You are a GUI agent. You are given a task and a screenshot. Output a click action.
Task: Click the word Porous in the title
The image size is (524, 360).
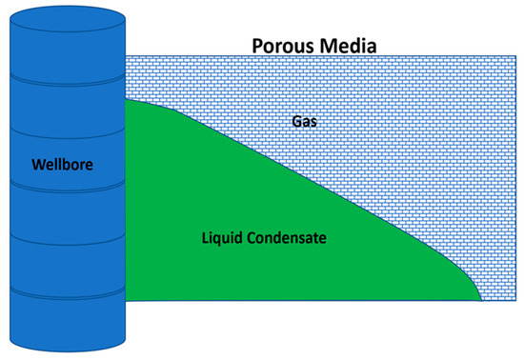[x=281, y=44]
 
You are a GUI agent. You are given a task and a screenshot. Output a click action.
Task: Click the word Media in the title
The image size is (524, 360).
[x=347, y=44]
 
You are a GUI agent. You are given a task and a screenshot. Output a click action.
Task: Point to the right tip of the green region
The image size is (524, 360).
[x=480, y=297]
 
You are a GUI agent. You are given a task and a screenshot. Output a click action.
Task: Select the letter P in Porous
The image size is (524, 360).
[x=254, y=44]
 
